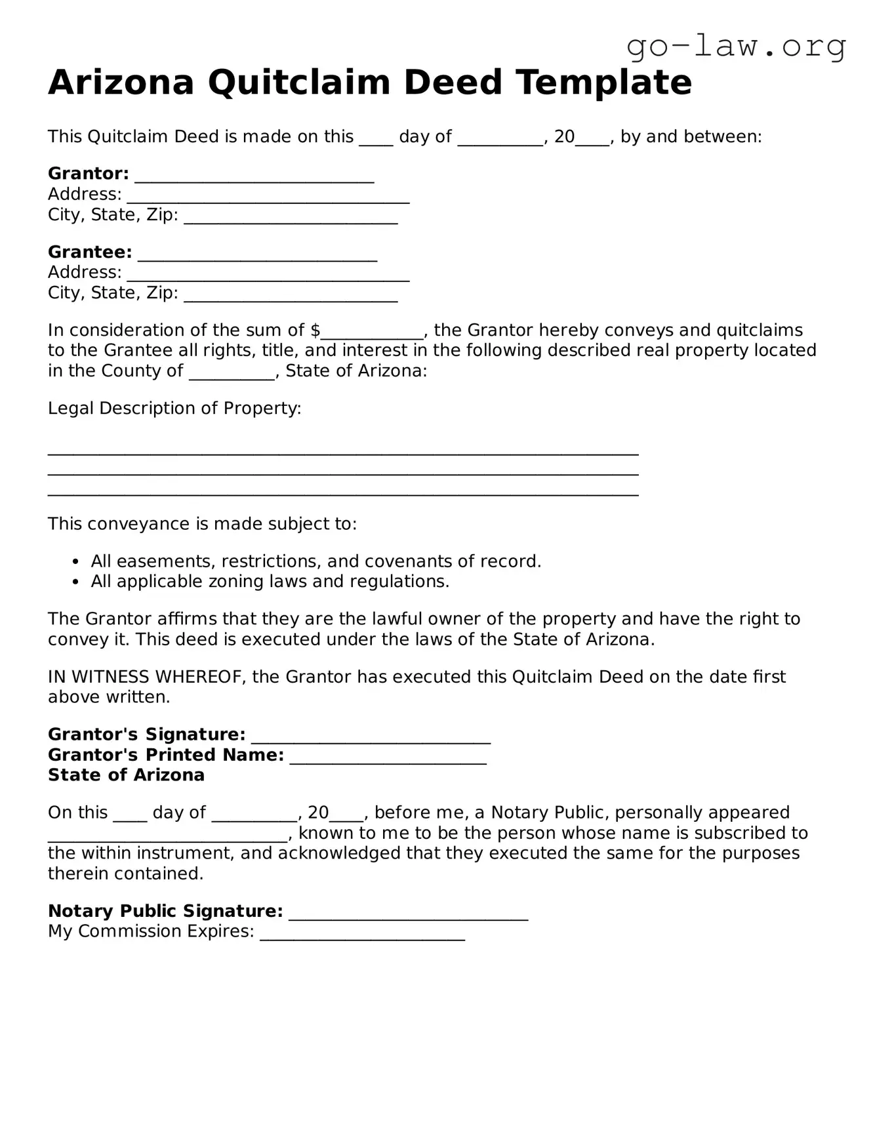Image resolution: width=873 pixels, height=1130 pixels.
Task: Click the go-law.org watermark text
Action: coord(736,46)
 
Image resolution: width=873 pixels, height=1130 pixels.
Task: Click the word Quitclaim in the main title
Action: coord(298,83)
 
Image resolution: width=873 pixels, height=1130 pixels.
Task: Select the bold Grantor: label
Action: coord(89,174)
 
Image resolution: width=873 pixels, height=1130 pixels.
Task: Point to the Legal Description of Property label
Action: coord(174,409)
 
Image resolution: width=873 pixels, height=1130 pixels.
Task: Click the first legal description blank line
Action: coord(343,453)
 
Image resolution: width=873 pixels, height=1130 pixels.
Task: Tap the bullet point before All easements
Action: coord(76,562)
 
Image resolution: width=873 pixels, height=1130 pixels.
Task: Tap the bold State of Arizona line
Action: coord(126,775)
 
